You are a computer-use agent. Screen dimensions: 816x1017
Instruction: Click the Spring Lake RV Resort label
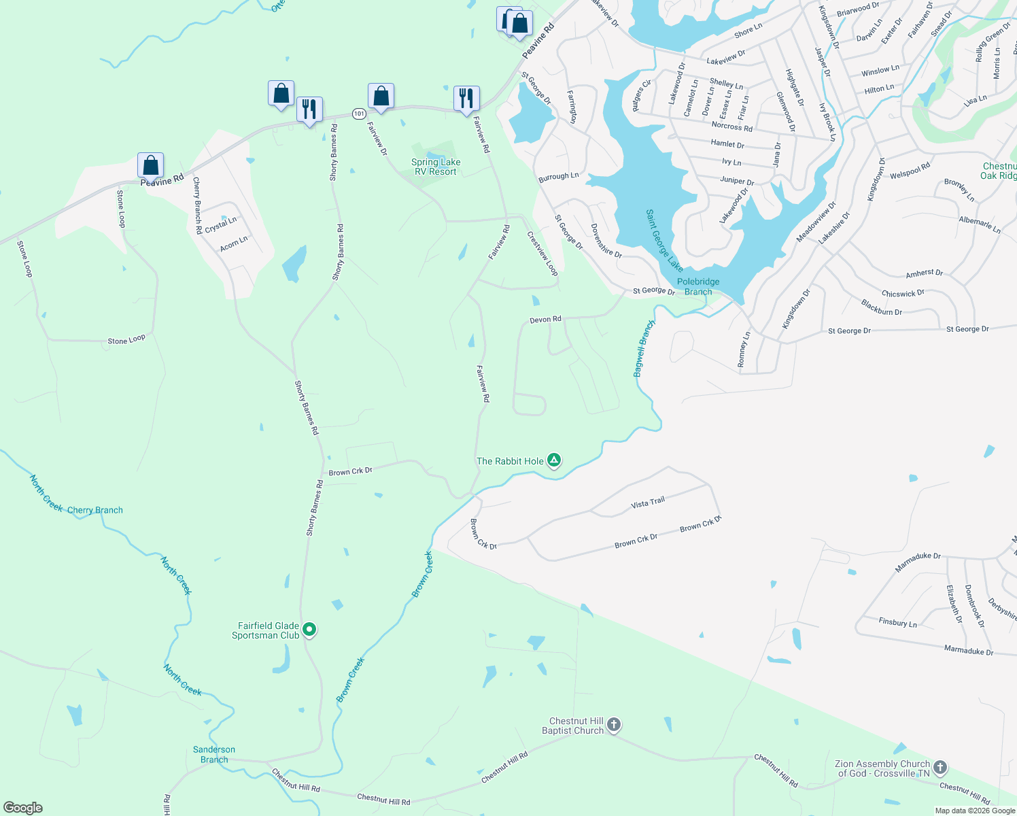click(x=436, y=167)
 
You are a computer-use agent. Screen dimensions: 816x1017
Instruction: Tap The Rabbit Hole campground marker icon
click(x=554, y=461)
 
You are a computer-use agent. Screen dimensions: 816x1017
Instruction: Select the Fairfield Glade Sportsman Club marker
click(x=309, y=630)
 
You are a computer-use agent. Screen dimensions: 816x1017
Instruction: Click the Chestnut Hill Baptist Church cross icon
click(x=613, y=725)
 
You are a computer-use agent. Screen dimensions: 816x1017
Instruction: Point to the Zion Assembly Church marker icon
click(x=940, y=768)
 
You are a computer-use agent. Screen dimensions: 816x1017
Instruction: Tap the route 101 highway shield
click(x=359, y=113)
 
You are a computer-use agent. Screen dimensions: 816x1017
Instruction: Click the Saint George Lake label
click(x=664, y=240)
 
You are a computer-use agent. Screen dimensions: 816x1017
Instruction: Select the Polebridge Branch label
click(x=698, y=286)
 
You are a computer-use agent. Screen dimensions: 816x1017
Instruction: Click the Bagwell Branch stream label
click(x=643, y=348)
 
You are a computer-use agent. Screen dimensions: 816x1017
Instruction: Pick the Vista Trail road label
click(x=648, y=503)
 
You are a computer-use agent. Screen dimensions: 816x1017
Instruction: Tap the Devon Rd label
click(x=546, y=319)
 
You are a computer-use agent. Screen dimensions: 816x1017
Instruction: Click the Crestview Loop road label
click(x=542, y=254)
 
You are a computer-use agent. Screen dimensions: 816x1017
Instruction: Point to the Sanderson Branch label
click(x=214, y=754)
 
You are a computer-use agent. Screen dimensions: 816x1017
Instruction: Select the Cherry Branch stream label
click(x=95, y=510)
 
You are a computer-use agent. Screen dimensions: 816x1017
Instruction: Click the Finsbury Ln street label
click(x=897, y=622)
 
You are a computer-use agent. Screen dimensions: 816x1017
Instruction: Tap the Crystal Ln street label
click(x=221, y=224)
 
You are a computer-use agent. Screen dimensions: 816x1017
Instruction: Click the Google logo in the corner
click(x=23, y=808)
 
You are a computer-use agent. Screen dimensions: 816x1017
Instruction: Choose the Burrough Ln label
click(x=558, y=177)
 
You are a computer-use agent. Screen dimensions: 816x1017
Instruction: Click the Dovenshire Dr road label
click(x=606, y=241)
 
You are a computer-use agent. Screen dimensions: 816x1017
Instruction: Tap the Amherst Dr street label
click(x=924, y=273)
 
